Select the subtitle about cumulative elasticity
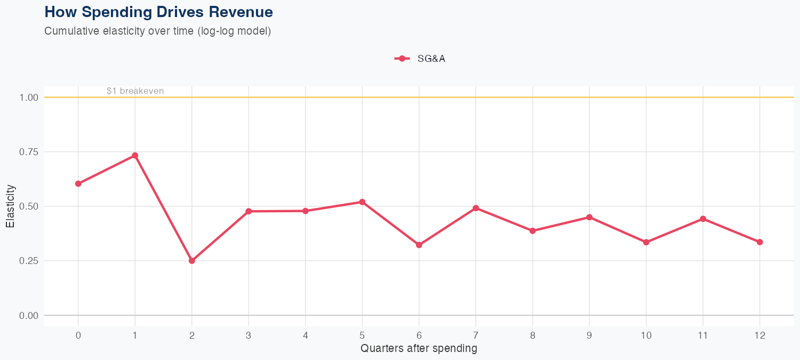point(158,31)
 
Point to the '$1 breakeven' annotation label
point(135,91)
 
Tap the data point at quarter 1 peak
point(135,155)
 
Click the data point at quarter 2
point(191,261)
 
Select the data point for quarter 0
point(78,183)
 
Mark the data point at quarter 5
point(362,202)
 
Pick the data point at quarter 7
point(476,208)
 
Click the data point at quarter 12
point(759,242)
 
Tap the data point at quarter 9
point(589,217)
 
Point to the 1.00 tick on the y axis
point(29,98)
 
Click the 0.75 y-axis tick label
point(29,152)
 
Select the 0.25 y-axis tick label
point(29,261)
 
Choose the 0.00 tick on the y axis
point(29,316)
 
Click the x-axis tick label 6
point(419,335)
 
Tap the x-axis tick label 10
point(646,335)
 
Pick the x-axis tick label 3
point(249,335)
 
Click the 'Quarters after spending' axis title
point(419,349)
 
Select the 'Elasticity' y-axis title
point(10,206)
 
